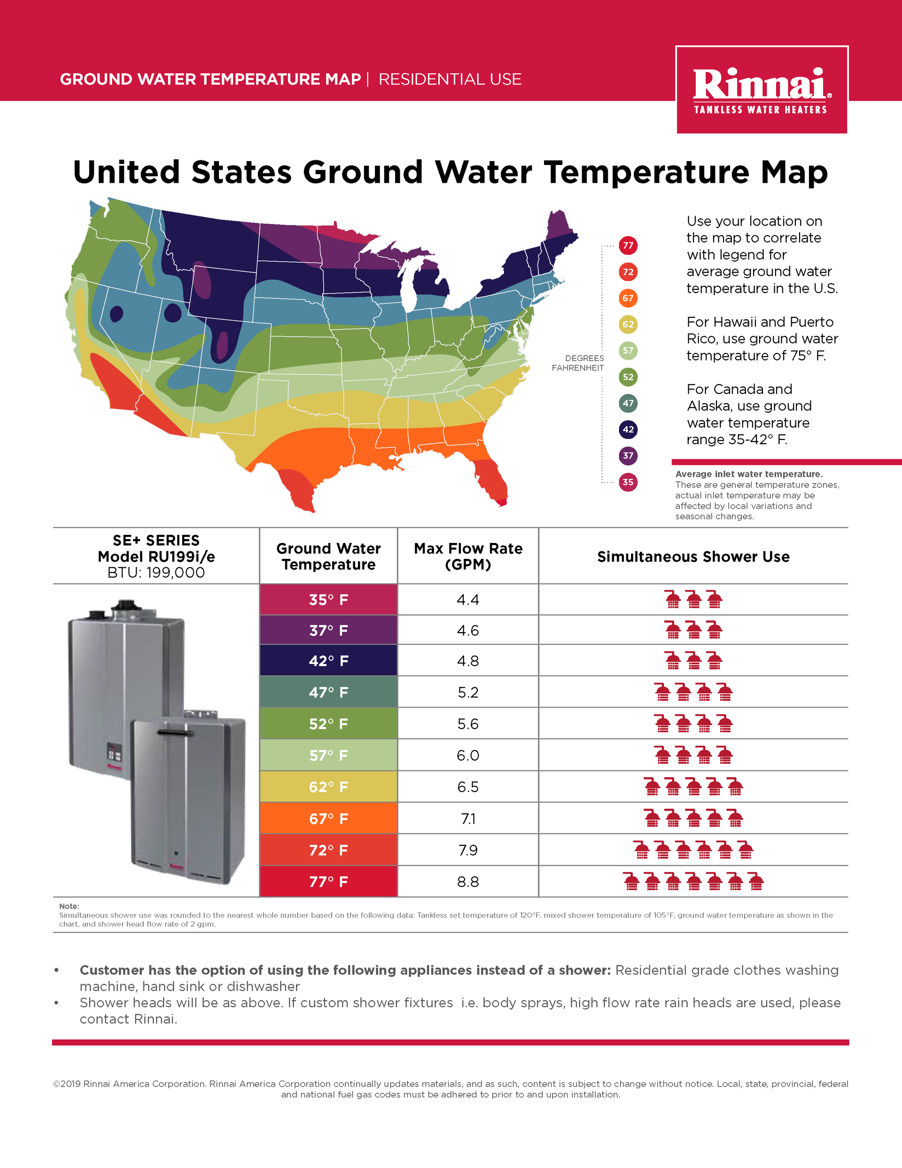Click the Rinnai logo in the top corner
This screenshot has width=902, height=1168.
[762, 90]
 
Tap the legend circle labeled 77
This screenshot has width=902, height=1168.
[628, 245]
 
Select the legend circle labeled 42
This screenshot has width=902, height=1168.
[628, 430]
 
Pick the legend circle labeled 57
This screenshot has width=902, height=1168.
[628, 351]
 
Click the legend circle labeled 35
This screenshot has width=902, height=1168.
[628, 482]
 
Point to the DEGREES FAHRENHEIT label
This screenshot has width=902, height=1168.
[578, 363]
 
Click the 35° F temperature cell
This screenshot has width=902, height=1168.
[328, 599]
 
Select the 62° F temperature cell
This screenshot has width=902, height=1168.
[328, 787]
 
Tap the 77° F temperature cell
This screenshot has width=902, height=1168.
[328, 881]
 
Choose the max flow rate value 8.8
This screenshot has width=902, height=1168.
[468, 881]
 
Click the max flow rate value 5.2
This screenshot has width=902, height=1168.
[468, 692]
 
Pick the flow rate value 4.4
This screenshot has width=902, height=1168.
[468, 599]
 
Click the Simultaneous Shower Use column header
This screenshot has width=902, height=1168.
[693, 557]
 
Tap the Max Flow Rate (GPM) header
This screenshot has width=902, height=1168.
[468, 556]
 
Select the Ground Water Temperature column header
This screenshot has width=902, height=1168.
[328, 556]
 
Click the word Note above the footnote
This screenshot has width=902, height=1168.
[69, 906]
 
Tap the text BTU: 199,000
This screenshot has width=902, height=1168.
[156, 573]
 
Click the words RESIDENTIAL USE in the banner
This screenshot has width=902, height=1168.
[450, 79]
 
